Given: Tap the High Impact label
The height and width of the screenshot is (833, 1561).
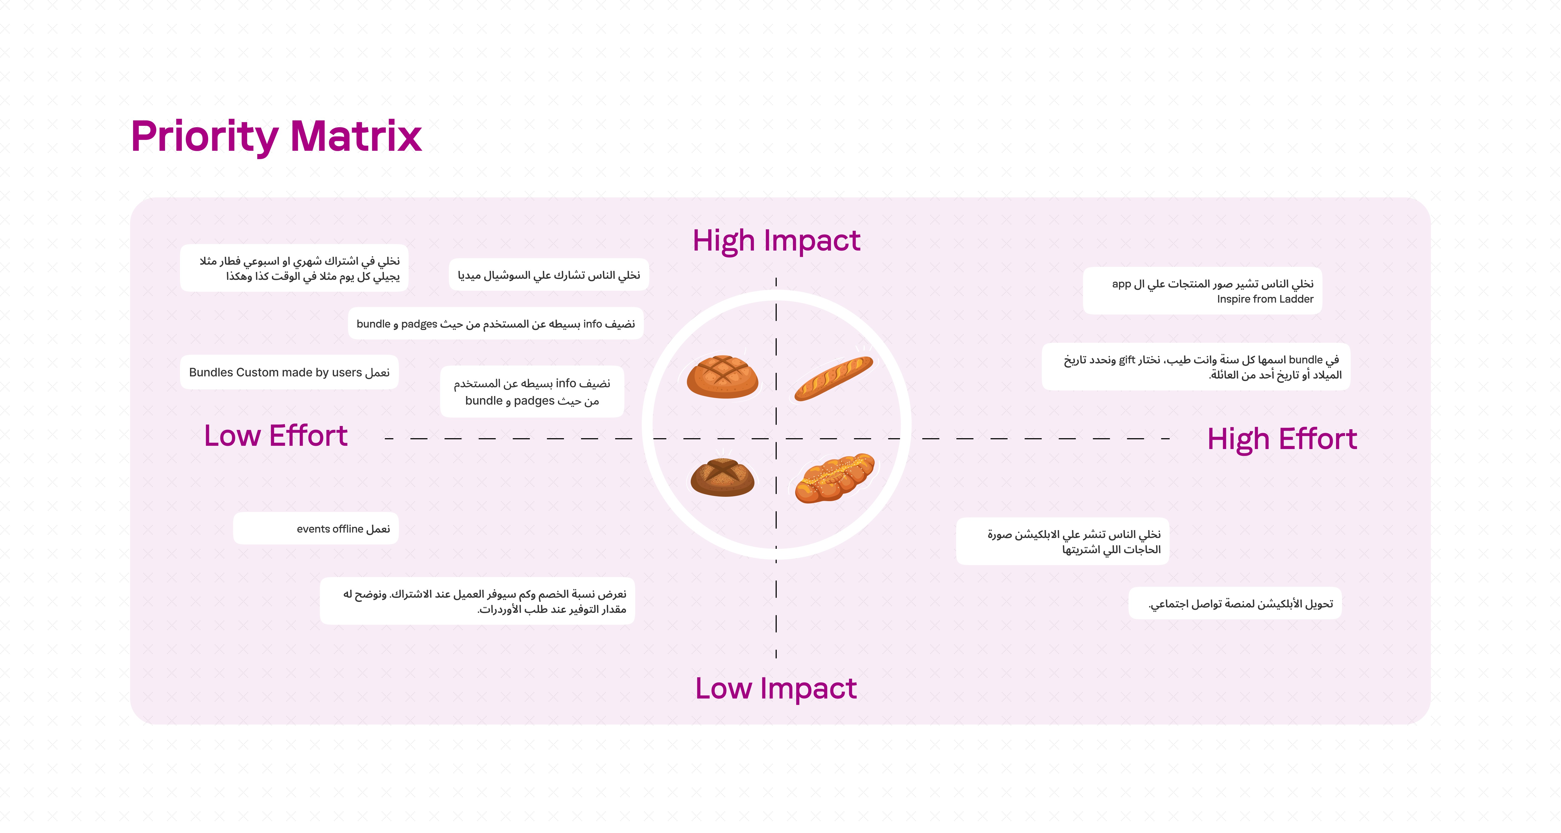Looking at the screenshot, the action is (776, 241).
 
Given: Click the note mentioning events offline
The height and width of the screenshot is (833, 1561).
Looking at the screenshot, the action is (316, 529).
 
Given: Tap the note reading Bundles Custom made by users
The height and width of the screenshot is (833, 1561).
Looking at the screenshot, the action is (289, 372).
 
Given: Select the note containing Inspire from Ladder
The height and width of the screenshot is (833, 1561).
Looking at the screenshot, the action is (1202, 291).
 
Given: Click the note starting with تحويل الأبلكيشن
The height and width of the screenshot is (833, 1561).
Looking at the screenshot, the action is (1235, 604).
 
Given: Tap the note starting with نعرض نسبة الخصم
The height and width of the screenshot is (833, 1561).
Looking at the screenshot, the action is (478, 601).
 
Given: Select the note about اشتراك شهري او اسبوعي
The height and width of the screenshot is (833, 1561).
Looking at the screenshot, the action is (294, 268).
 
